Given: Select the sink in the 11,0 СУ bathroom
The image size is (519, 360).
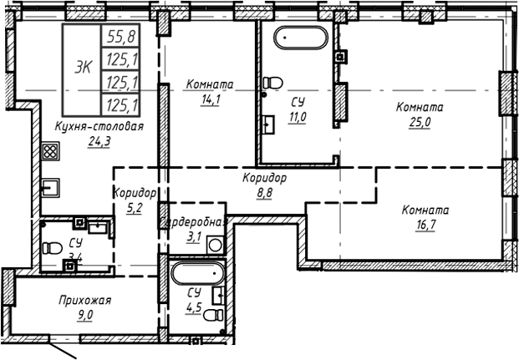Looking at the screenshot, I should click(x=270, y=126).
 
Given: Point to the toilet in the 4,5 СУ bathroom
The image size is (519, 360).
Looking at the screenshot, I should click(x=213, y=315).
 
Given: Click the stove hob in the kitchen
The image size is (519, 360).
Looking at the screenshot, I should click(x=49, y=152).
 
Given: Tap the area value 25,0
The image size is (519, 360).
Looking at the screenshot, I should click(x=420, y=122).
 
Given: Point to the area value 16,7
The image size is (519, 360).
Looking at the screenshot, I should click(x=425, y=225).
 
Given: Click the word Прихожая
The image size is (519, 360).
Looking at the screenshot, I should click(x=85, y=300).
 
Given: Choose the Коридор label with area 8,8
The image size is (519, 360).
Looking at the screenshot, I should click(x=265, y=178).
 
